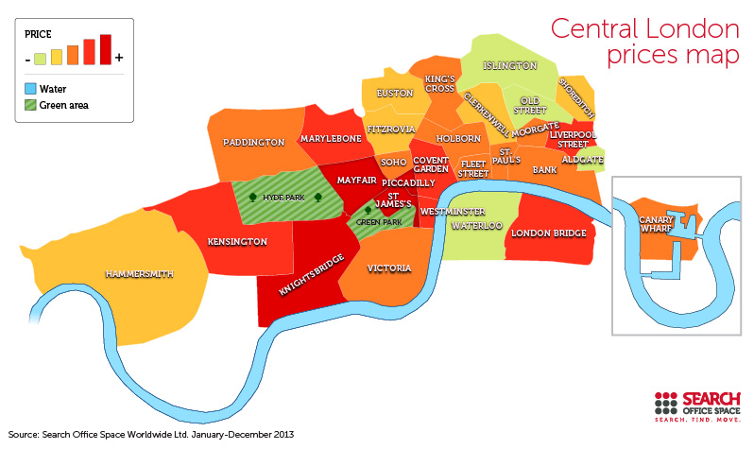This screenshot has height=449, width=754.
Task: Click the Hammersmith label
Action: point(139,273)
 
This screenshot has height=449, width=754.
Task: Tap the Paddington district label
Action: point(253,143)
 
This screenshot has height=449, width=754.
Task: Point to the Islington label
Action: point(509,66)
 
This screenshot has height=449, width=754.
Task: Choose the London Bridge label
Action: point(548,233)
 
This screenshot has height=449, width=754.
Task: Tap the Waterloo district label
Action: point(475,227)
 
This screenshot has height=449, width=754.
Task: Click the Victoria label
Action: point(389,268)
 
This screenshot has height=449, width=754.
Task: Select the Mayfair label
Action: point(356,179)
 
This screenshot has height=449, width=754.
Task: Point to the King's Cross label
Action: point(440,84)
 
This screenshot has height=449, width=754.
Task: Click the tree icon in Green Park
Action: point(368,211)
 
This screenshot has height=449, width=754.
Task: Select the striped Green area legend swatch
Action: point(31,105)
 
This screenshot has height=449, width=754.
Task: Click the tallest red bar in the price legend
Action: point(106,49)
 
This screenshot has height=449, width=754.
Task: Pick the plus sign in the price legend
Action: point(119,58)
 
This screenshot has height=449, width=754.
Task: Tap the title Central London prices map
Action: point(644,42)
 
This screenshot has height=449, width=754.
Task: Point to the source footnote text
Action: point(151,435)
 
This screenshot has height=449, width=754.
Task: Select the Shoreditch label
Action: point(575,97)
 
